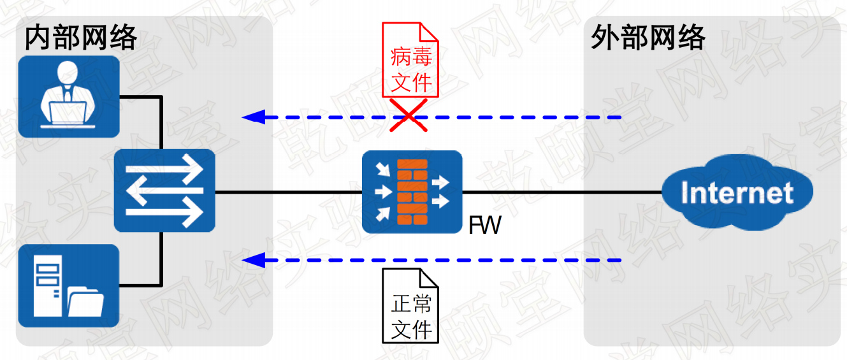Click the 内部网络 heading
tap(81, 39)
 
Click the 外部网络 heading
tap(648, 39)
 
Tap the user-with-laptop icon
tap(69, 97)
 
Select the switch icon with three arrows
tap(164, 191)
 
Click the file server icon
tap(69, 285)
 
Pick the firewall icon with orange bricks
tap(412, 192)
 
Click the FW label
tap(484, 225)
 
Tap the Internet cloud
tap(737, 192)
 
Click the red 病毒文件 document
tap(411, 61)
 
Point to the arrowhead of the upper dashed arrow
tap(252, 117)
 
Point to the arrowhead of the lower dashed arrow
tap(252, 260)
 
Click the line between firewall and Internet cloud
tap(561, 192)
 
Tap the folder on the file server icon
tap(85, 301)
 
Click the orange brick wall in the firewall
tap(412, 192)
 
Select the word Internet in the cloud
tap(737, 192)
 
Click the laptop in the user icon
tap(68, 113)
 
